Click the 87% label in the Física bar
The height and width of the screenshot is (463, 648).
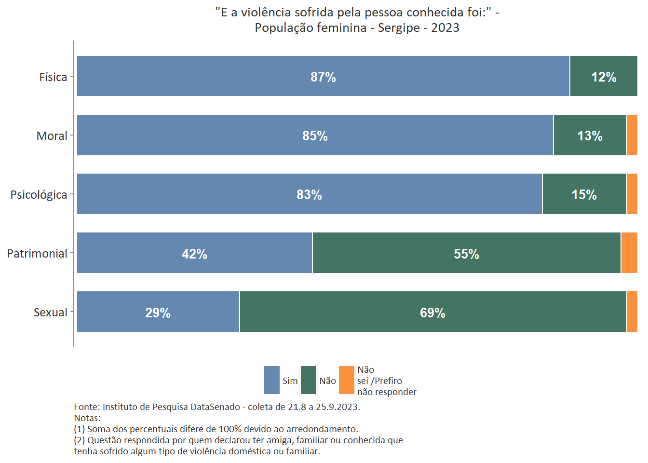323,77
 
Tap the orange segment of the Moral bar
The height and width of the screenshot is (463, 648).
632,135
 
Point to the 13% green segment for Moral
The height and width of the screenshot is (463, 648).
590,136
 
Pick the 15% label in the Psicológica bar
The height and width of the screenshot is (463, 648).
584,195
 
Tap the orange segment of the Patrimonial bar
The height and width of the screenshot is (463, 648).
629,253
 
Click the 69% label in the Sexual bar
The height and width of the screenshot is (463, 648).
432,313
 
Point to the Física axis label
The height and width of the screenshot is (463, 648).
53,77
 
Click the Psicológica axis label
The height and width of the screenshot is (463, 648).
39,195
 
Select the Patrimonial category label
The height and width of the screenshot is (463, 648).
37,254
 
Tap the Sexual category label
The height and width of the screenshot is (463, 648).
50,313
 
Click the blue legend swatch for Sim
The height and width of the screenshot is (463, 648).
272,380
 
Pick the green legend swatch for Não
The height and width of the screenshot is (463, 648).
309,380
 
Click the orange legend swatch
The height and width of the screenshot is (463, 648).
347,380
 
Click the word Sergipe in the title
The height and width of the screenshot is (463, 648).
399,28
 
